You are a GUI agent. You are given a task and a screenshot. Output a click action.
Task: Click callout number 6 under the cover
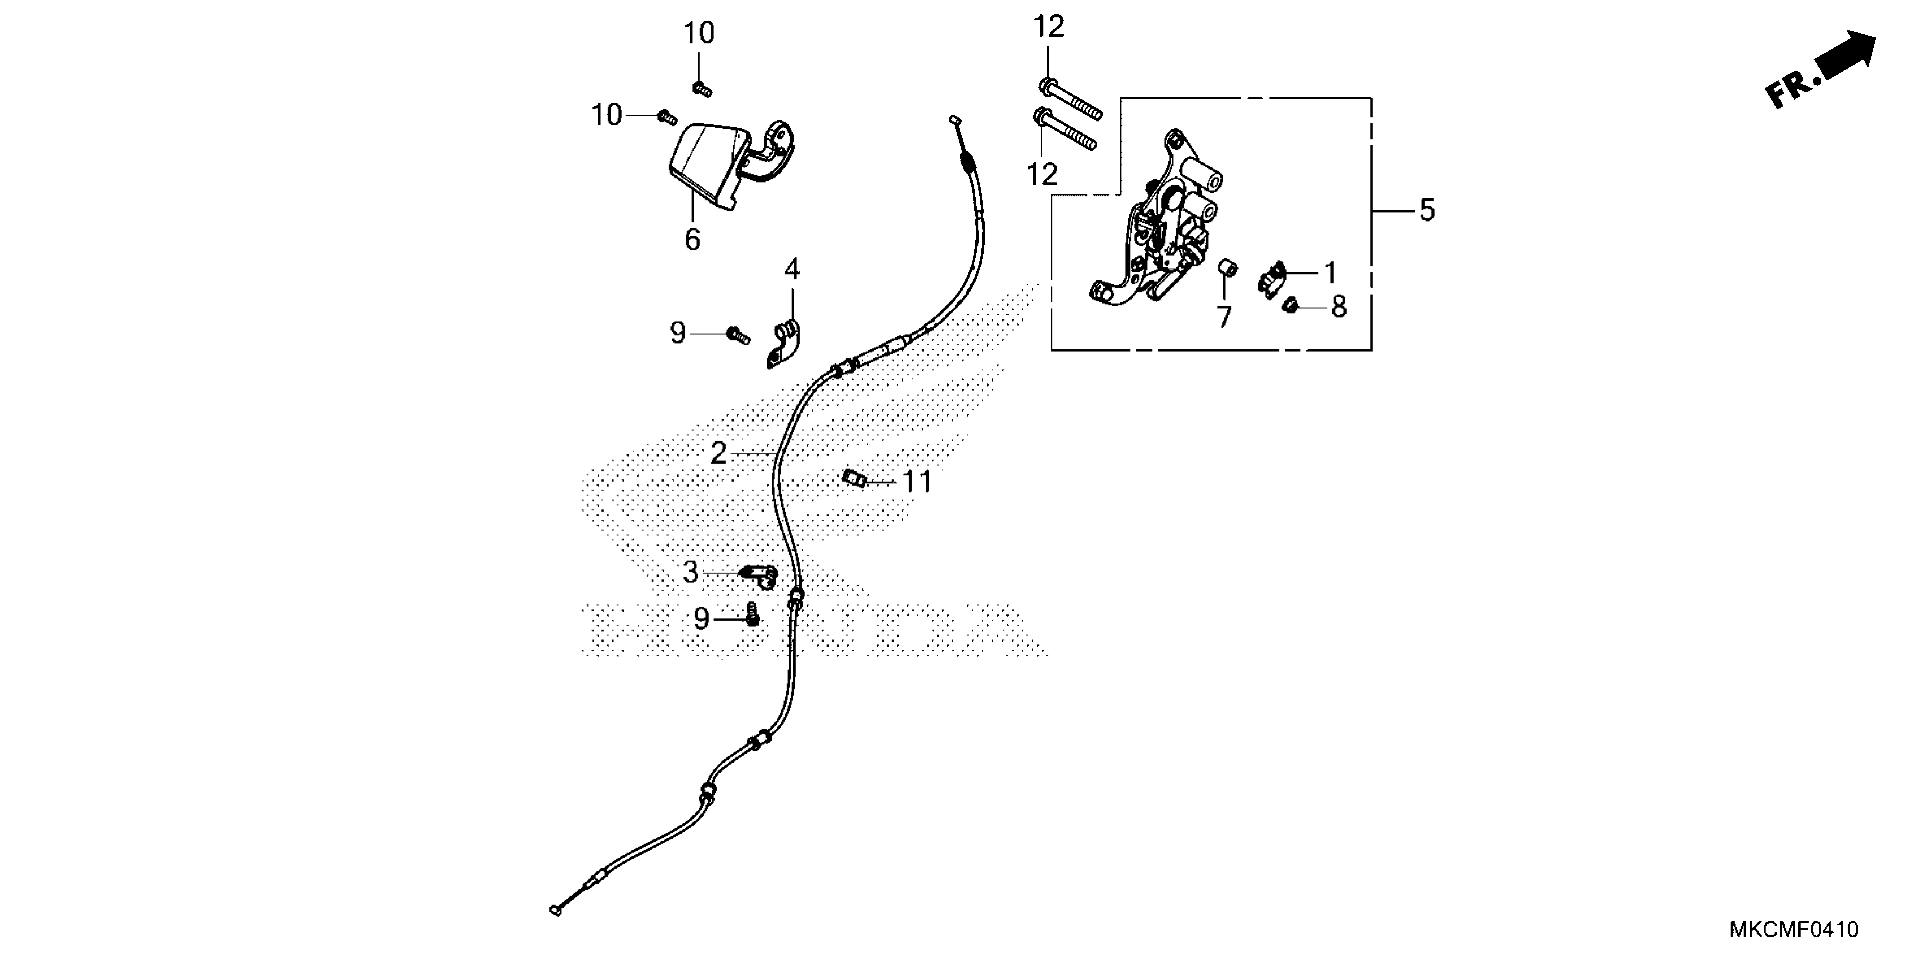point(692,240)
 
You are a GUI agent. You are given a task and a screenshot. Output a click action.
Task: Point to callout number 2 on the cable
point(718,453)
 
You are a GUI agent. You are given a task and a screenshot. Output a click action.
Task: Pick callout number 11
point(917,482)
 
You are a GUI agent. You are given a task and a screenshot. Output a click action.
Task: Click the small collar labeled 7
point(1227,269)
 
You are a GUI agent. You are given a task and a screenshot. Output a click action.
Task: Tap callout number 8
point(1339,306)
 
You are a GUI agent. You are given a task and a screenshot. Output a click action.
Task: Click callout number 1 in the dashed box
point(1330,273)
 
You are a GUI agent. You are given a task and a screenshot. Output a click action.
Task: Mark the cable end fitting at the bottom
point(556,910)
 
